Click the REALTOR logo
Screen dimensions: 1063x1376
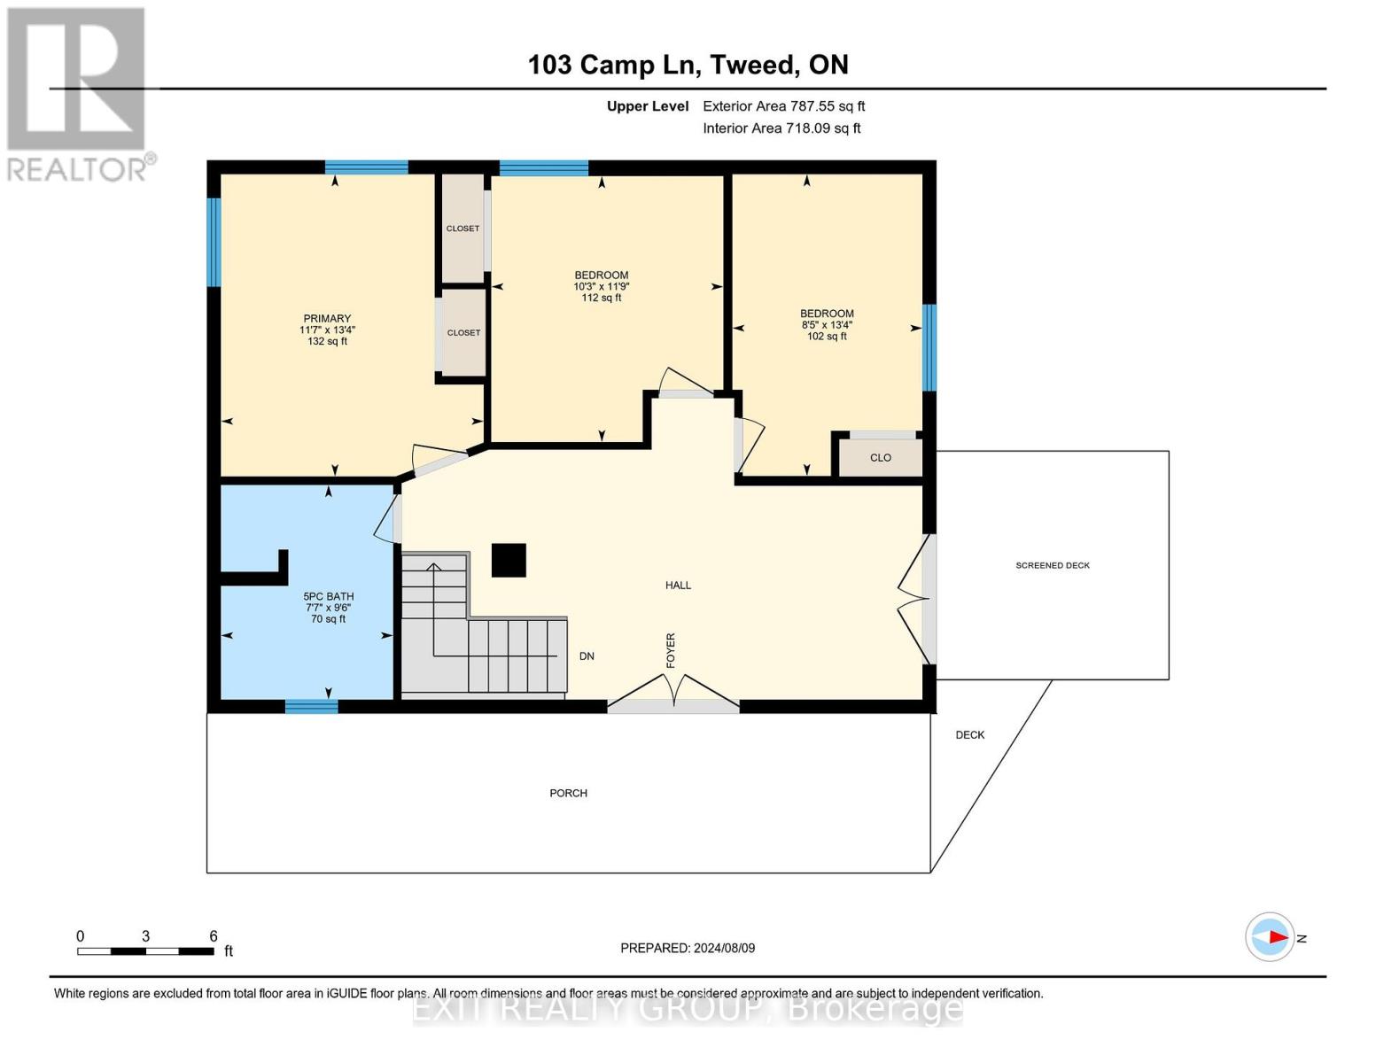pyautogui.click(x=76, y=93)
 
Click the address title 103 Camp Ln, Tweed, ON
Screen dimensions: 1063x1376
pyautogui.click(x=688, y=65)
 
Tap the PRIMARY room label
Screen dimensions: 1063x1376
pyautogui.click(x=327, y=319)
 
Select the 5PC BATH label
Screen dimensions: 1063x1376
pyautogui.click(x=328, y=596)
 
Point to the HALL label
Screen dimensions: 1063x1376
pyautogui.click(x=678, y=585)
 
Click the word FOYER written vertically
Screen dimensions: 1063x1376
pyautogui.click(x=671, y=650)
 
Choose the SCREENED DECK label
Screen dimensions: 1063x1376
pyautogui.click(x=1052, y=565)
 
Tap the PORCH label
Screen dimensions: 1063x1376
pyautogui.click(x=568, y=793)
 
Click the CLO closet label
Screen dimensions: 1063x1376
pyautogui.click(x=880, y=458)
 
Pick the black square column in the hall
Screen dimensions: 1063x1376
pyautogui.click(x=509, y=560)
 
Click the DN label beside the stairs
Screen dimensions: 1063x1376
pyautogui.click(x=587, y=656)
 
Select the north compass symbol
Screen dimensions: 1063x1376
pyautogui.click(x=1271, y=936)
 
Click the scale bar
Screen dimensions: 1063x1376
pyautogui.click(x=145, y=951)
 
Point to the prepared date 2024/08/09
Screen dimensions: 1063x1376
pyautogui.click(x=688, y=948)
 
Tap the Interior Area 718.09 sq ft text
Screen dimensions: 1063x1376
pyautogui.click(x=781, y=128)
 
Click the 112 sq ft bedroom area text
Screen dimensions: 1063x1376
pyautogui.click(x=601, y=298)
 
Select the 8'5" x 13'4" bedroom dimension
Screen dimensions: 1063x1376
pyautogui.click(x=827, y=325)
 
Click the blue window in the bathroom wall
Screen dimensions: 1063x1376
pyautogui.click(x=311, y=706)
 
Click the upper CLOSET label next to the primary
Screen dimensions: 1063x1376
pyautogui.click(x=463, y=229)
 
